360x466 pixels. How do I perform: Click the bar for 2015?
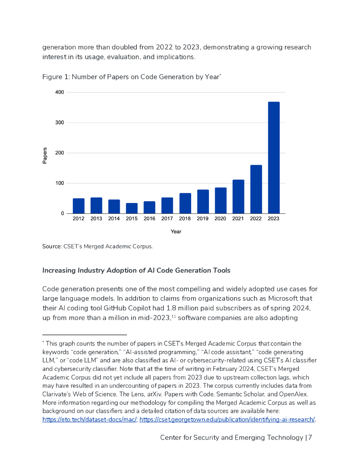click(x=132, y=208)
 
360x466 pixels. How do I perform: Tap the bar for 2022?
click(x=256, y=189)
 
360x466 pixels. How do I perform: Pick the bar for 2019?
click(x=203, y=201)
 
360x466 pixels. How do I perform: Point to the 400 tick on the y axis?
click(x=59, y=92)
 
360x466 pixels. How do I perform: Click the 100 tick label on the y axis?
click(x=59, y=183)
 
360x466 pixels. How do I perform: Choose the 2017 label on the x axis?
click(x=167, y=219)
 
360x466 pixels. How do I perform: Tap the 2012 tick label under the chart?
click(x=79, y=219)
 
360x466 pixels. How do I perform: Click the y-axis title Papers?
click(x=45, y=155)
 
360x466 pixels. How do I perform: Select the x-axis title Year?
click(x=176, y=232)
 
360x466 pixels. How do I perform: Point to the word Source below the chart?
click(x=51, y=247)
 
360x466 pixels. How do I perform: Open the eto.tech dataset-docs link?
click(x=90, y=420)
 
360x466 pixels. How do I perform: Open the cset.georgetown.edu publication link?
click(x=227, y=420)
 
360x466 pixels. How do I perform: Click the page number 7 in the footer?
click(x=309, y=438)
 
